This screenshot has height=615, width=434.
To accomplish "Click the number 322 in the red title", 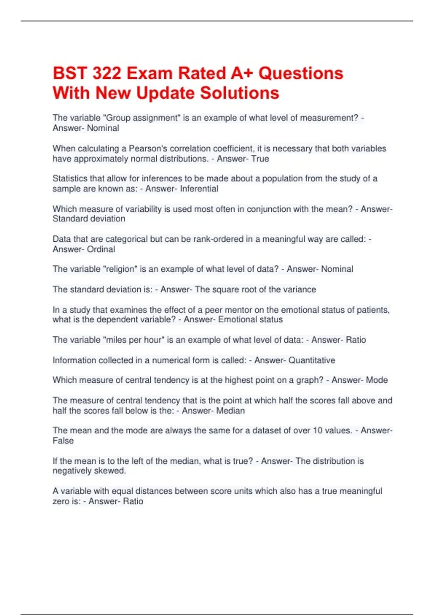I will (107, 73).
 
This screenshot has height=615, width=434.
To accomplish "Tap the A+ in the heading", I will (242, 73).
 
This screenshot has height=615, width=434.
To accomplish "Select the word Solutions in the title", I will (239, 93).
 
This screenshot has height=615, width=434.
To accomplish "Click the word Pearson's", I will (148, 149).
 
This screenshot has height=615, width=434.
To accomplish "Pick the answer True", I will (260, 159).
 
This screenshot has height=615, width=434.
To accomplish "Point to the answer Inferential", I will (199, 189).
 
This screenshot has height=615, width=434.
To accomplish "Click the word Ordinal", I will (101, 249).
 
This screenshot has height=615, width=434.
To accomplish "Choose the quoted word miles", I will (116, 340).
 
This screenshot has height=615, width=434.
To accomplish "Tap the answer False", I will (63, 441).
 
